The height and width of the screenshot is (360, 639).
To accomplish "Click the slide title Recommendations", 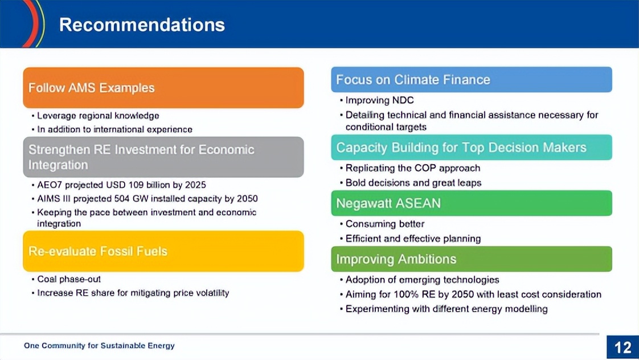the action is (x=142, y=24).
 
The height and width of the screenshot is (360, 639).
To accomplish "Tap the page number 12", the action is (x=622, y=347).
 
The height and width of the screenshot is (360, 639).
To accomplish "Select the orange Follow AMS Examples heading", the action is (x=163, y=88).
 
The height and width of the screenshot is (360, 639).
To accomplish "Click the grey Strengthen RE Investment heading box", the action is (x=163, y=157).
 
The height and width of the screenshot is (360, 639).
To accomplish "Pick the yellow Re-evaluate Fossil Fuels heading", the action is (x=163, y=251).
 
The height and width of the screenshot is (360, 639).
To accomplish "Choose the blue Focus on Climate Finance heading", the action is (x=472, y=80).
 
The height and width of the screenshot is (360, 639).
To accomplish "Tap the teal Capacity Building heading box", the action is (x=472, y=147).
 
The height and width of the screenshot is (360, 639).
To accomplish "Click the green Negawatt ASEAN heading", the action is (x=472, y=203).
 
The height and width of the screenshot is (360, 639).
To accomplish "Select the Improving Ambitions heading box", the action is (x=472, y=259).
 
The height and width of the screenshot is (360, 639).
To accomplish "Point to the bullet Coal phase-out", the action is (x=68, y=279).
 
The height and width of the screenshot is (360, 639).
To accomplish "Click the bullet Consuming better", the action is (x=384, y=224).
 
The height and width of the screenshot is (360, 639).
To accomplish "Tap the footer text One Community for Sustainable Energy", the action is (x=99, y=346).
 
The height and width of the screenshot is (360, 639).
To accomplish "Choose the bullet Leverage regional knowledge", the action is (x=98, y=116).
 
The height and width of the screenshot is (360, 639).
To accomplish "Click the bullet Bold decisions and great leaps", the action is (x=413, y=183).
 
